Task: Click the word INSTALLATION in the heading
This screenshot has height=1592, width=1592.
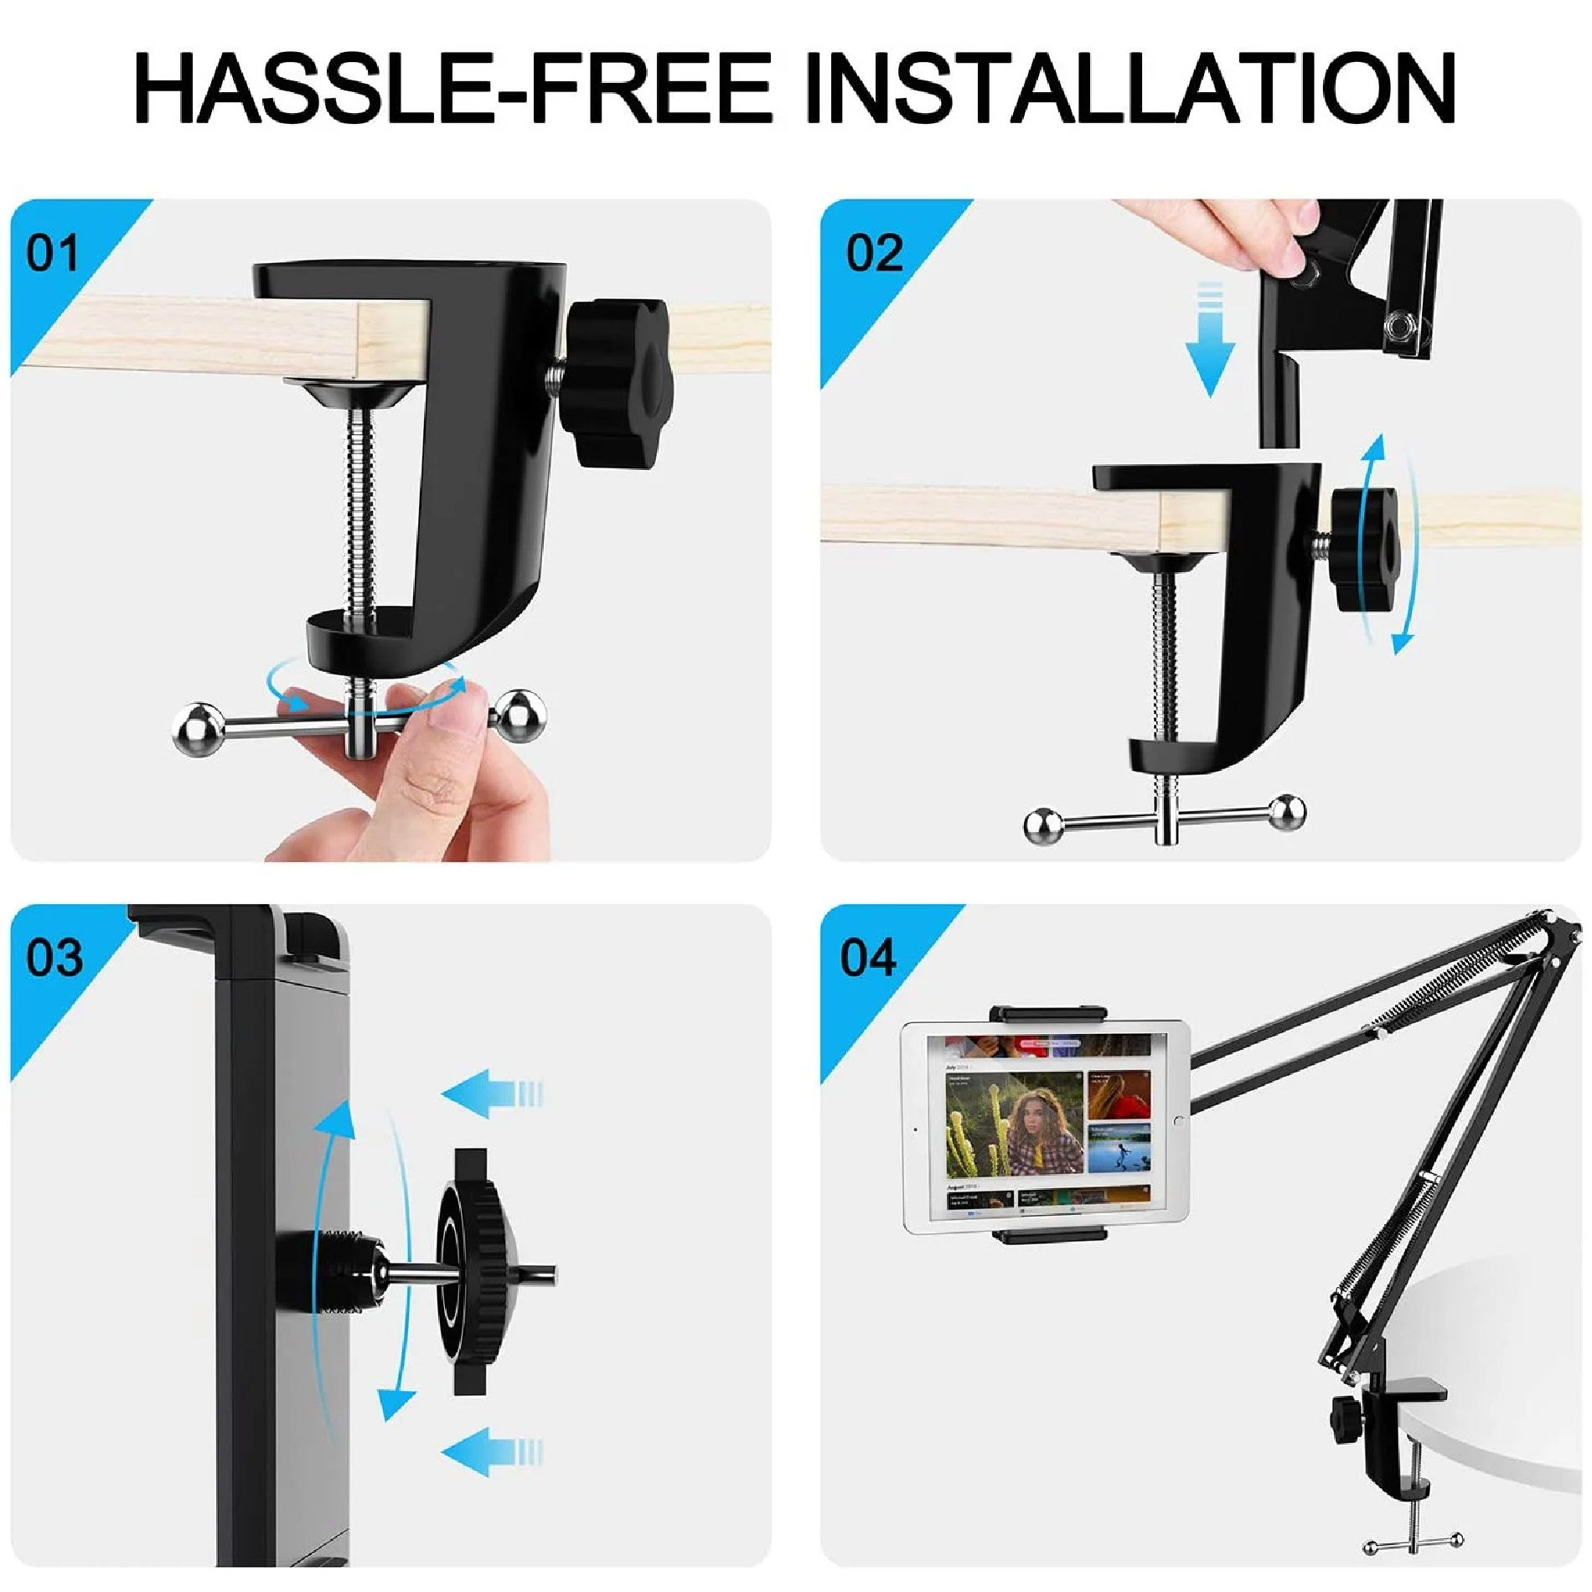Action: pyautogui.click(x=1129, y=86)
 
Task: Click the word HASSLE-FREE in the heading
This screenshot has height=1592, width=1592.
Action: pyautogui.click(x=452, y=86)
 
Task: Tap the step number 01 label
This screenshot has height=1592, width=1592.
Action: pyautogui.click(x=52, y=252)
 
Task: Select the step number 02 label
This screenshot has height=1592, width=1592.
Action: pyautogui.click(x=873, y=252)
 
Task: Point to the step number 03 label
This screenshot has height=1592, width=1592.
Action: pyautogui.click(x=54, y=957)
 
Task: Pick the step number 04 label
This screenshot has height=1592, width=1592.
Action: pyautogui.click(x=868, y=957)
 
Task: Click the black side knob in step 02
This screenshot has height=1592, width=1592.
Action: pyautogui.click(x=1366, y=550)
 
